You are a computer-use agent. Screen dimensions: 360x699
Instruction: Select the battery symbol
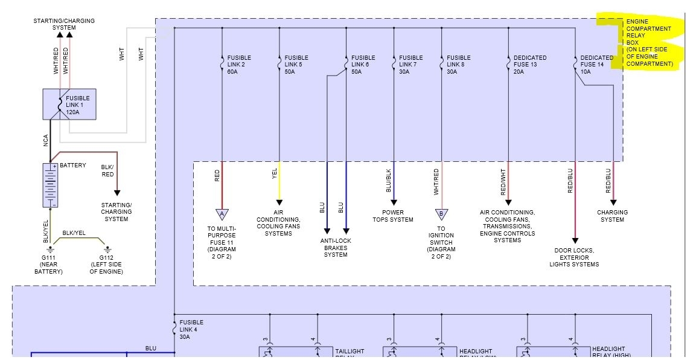point(50,185)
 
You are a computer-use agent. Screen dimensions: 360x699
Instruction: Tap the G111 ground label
point(48,264)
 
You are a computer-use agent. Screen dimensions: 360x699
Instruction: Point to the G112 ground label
point(106,264)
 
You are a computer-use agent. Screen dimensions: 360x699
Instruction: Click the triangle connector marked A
point(222,214)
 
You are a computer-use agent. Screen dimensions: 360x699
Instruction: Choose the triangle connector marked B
point(441,214)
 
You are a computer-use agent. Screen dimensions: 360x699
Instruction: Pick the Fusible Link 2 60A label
point(238,65)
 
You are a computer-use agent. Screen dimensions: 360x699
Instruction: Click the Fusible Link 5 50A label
point(298,65)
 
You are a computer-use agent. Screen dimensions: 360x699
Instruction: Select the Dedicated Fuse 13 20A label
point(530,65)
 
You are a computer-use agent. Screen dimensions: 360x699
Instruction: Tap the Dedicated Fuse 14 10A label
point(596,65)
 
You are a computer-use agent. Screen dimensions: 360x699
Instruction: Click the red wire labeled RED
point(222,184)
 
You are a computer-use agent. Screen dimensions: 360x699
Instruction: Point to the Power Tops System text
point(393,216)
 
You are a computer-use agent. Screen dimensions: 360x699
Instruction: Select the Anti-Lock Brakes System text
point(336,248)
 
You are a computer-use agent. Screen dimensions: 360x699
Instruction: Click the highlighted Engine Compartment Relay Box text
point(649,42)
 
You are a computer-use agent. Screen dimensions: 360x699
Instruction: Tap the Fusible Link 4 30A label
point(191,329)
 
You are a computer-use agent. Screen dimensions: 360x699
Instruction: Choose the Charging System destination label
point(612,216)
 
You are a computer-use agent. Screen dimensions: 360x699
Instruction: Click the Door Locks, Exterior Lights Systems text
point(574,257)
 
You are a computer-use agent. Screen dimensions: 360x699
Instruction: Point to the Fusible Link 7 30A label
point(410,65)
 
